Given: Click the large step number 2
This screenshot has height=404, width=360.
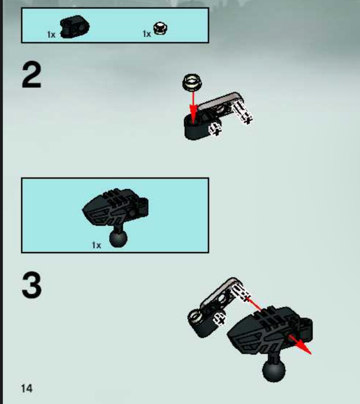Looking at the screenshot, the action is click(x=31, y=75).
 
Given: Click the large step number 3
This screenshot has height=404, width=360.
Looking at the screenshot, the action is click(x=31, y=285).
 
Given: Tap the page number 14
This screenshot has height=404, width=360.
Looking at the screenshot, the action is click(x=27, y=389).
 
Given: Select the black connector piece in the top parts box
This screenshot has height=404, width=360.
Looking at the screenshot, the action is click(x=75, y=27).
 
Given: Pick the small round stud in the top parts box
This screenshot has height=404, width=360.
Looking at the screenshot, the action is click(x=160, y=29).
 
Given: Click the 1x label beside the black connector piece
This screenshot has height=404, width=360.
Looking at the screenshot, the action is click(x=51, y=34).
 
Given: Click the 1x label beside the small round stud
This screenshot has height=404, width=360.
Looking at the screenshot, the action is click(x=147, y=34).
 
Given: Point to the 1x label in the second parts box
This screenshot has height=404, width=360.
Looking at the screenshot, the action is click(x=97, y=245).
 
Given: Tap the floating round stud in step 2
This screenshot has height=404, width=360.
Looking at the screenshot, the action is click(x=192, y=82).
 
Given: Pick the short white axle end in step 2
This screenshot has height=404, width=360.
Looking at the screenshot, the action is click(x=215, y=129).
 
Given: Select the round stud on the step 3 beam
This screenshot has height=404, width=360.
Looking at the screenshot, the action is click(x=195, y=316).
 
